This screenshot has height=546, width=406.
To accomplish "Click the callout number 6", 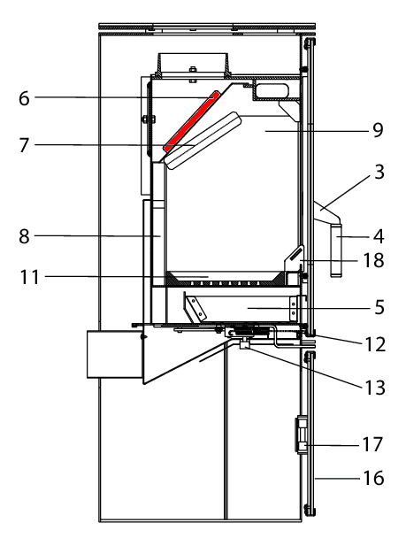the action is click(x=24, y=98).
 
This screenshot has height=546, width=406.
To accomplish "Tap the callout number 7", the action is click(x=24, y=145).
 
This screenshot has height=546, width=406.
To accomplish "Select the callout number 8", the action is click(x=24, y=237).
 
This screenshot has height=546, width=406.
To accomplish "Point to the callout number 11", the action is click(x=29, y=278).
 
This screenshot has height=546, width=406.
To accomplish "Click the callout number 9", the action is click(x=378, y=130).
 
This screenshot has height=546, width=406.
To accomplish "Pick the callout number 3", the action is click(x=379, y=172).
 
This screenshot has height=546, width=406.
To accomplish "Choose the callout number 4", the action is click(x=379, y=237).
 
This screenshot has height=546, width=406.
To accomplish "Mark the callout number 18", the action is click(x=373, y=260).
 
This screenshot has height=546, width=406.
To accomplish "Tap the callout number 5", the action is click(x=379, y=308).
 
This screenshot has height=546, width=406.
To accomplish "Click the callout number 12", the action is click(x=375, y=345).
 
